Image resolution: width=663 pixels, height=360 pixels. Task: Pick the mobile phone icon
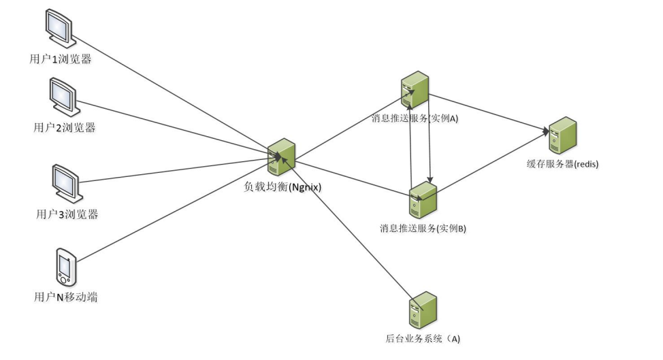(x=66, y=267)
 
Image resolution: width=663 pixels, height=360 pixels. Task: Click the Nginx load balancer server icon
(x=280, y=157)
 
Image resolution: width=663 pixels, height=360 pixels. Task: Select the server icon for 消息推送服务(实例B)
(x=423, y=199)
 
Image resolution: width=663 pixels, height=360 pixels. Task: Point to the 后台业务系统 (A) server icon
(x=423, y=311)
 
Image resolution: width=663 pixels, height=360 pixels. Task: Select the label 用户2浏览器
(x=65, y=127)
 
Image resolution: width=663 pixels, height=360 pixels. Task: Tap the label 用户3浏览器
(x=67, y=214)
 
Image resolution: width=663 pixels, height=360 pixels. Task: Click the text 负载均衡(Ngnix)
(x=282, y=186)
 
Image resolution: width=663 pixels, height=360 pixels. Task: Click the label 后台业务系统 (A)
(x=423, y=338)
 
